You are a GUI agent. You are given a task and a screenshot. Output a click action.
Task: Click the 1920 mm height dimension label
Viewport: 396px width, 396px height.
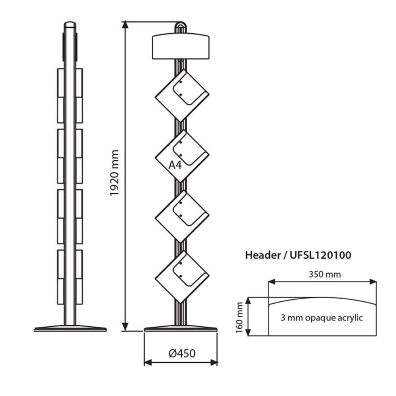coord(114,173)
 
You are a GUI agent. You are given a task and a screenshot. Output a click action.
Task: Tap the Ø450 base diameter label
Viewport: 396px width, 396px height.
coord(182,353)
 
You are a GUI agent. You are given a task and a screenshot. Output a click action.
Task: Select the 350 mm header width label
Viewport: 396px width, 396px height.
coord(325,274)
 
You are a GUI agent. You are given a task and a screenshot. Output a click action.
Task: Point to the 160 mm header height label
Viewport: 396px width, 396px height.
coord(239,318)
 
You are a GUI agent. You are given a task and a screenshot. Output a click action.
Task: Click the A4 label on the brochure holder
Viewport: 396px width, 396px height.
coord(175,165)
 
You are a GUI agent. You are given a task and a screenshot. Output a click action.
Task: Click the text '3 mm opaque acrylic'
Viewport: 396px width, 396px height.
coord(322,318)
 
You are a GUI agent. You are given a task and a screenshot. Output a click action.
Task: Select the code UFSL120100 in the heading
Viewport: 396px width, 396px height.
coord(320,255)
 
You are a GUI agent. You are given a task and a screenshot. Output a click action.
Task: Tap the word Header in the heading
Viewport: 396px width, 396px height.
coord(263,255)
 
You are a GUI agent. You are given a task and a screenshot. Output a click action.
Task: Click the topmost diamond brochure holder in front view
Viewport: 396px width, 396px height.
coord(182,95)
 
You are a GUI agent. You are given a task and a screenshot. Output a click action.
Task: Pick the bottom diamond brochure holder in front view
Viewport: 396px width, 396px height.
coord(182,277)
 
